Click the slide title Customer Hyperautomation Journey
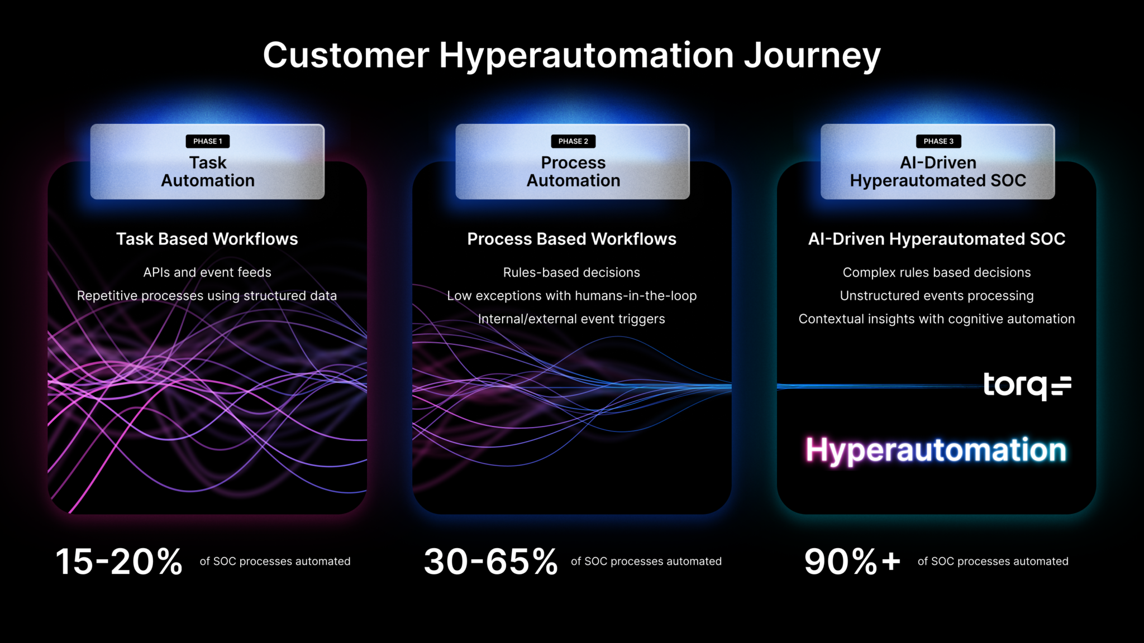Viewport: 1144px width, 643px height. [571, 56]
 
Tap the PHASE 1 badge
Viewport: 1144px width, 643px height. [207, 141]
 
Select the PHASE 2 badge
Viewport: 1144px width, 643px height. [573, 141]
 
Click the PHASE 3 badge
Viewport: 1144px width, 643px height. [938, 141]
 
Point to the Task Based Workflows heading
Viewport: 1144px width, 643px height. [207, 239]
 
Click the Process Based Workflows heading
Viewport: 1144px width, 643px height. [571, 239]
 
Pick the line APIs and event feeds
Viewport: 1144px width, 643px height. [207, 272]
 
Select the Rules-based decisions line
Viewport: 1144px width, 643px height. [571, 272]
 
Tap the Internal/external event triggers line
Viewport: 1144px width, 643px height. [571, 319]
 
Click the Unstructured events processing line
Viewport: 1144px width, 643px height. [937, 296]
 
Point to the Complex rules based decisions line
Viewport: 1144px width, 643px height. [937, 272]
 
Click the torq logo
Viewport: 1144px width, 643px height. [1027, 386]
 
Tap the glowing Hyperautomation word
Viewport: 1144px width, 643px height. [936, 450]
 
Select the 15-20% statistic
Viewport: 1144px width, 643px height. [119, 561]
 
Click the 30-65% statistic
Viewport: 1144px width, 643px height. [490, 561]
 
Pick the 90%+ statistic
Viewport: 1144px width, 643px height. [852, 561]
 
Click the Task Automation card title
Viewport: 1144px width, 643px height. [207, 171]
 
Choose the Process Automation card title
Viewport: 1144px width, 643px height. [573, 171]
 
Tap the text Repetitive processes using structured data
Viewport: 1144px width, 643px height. [207, 296]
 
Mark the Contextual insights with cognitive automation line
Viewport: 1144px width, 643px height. [937, 319]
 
